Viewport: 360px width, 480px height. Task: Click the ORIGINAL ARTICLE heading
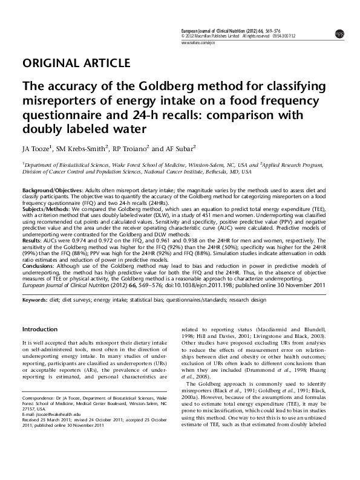[76, 63]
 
